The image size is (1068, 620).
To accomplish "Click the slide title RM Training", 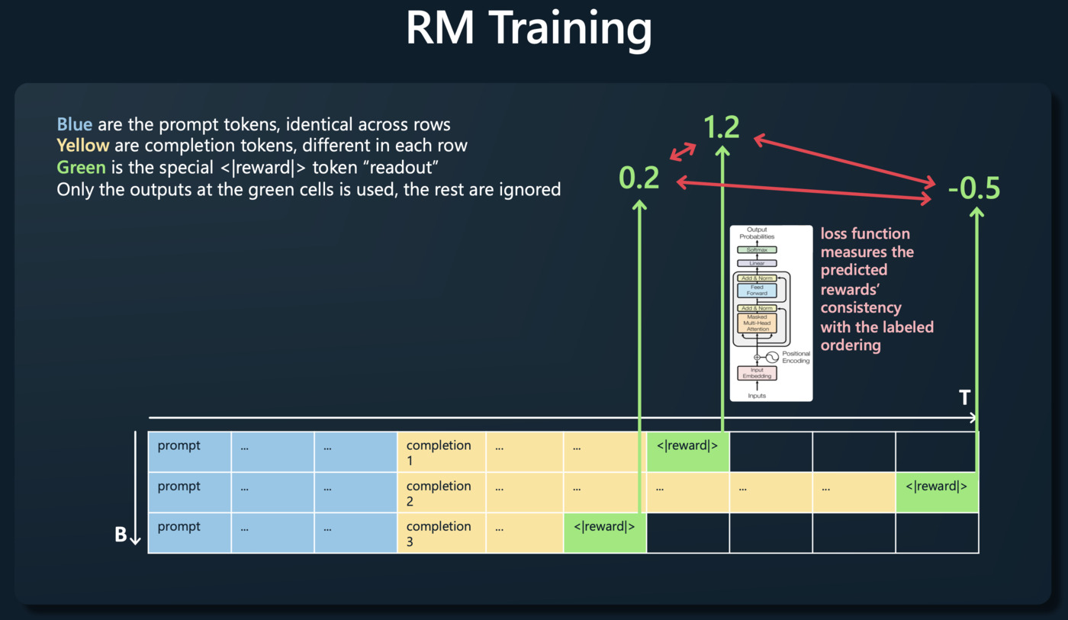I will tap(529, 29).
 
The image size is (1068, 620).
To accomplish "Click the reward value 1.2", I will tap(722, 127).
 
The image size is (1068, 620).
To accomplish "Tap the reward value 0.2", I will tap(639, 178).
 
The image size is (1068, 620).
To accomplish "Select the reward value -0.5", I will tap(973, 188).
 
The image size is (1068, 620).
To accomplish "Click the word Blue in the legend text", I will tap(75, 124).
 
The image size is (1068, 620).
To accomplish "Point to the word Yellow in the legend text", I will tap(83, 145).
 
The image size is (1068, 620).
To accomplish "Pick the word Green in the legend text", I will tap(81, 167).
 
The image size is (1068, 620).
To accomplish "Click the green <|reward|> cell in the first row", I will tap(687, 451).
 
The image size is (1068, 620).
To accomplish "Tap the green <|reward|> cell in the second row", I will tap(937, 492).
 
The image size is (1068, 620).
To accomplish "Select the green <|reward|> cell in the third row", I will tap(605, 532).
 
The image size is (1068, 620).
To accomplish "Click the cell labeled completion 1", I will tap(441, 451).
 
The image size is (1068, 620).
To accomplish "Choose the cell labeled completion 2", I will tap(441, 492).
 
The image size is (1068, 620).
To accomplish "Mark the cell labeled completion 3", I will tap(441, 532).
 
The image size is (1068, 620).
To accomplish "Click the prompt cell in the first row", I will tap(189, 451).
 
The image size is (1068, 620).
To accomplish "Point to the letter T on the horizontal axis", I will tap(965, 397).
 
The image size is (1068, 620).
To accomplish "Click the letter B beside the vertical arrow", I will tap(121, 535).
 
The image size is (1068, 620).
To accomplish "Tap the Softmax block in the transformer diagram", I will tap(757, 249).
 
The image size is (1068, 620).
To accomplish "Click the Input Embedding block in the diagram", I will tap(757, 372).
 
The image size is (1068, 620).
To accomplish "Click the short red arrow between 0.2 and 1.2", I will tap(682, 150).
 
